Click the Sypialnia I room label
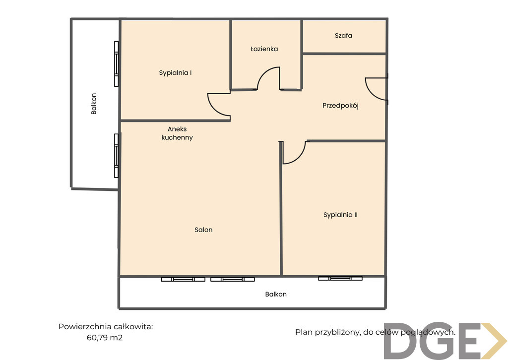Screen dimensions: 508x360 [x=175, y=73]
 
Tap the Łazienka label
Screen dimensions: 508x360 [x=264, y=49]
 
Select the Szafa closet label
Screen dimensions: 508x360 [x=343, y=35]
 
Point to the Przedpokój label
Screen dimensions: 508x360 [x=340, y=106]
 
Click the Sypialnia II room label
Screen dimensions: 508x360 [x=340, y=215]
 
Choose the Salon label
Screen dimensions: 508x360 [x=203, y=230]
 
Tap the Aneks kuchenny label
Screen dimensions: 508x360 [x=177, y=133]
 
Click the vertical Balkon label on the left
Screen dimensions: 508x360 [x=94, y=104]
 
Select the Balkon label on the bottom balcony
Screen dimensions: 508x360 [x=276, y=294]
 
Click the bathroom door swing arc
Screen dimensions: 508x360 [x=263, y=73]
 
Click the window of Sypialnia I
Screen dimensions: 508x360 [x=116, y=64]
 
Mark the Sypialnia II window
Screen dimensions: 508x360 [x=340, y=278]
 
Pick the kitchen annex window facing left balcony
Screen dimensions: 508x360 [x=116, y=155]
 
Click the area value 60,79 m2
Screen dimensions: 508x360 [x=105, y=338]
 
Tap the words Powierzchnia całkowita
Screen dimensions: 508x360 [x=106, y=327]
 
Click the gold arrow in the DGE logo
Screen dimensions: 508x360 [x=494, y=341]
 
